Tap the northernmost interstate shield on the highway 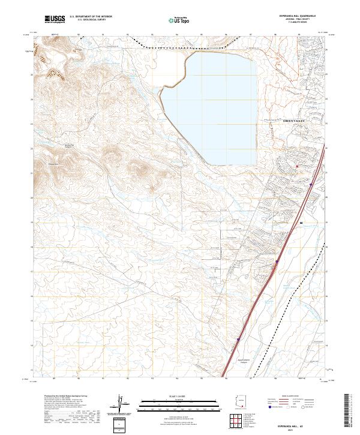pyautogui.click(x=310, y=185)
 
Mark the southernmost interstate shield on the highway pyautogui.click(x=238, y=338)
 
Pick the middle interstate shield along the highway pyautogui.click(x=277, y=262)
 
